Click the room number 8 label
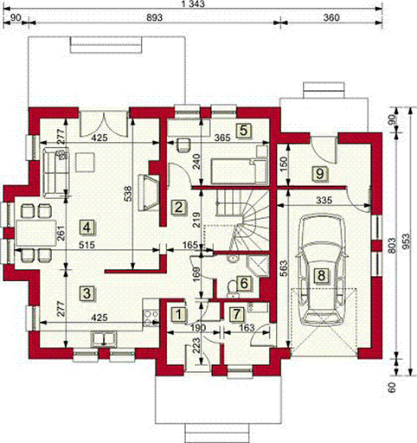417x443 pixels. pyautogui.click(x=321, y=275)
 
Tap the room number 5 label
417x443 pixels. pyautogui.click(x=243, y=131)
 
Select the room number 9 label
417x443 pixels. pyautogui.click(x=320, y=174)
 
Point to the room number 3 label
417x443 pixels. pyautogui.click(x=87, y=293)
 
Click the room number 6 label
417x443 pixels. pyautogui.click(x=244, y=284)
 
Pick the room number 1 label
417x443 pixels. pyautogui.click(x=179, y=314)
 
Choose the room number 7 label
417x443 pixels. pyautogui.click(x=236, y=314)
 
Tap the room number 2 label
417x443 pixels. pyautogui.click(x=178, y=207)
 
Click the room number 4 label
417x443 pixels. pyautogui.click(x=87, y=228)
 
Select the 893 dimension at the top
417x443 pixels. pyautogui.click(x=154, y=17)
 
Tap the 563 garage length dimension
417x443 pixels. pyautogui.click(x=284, y=268)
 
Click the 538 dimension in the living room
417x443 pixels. pyautogui.click(x=129, y=194)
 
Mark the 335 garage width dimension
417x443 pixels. pyautogui.click(x=324, y=200)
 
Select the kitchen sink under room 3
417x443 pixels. pyautogui.click(x=104, y=339)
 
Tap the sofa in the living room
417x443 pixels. pyautogui.click(x=55, y=172)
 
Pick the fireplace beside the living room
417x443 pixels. pyautogui.click(x=149, y=192)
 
